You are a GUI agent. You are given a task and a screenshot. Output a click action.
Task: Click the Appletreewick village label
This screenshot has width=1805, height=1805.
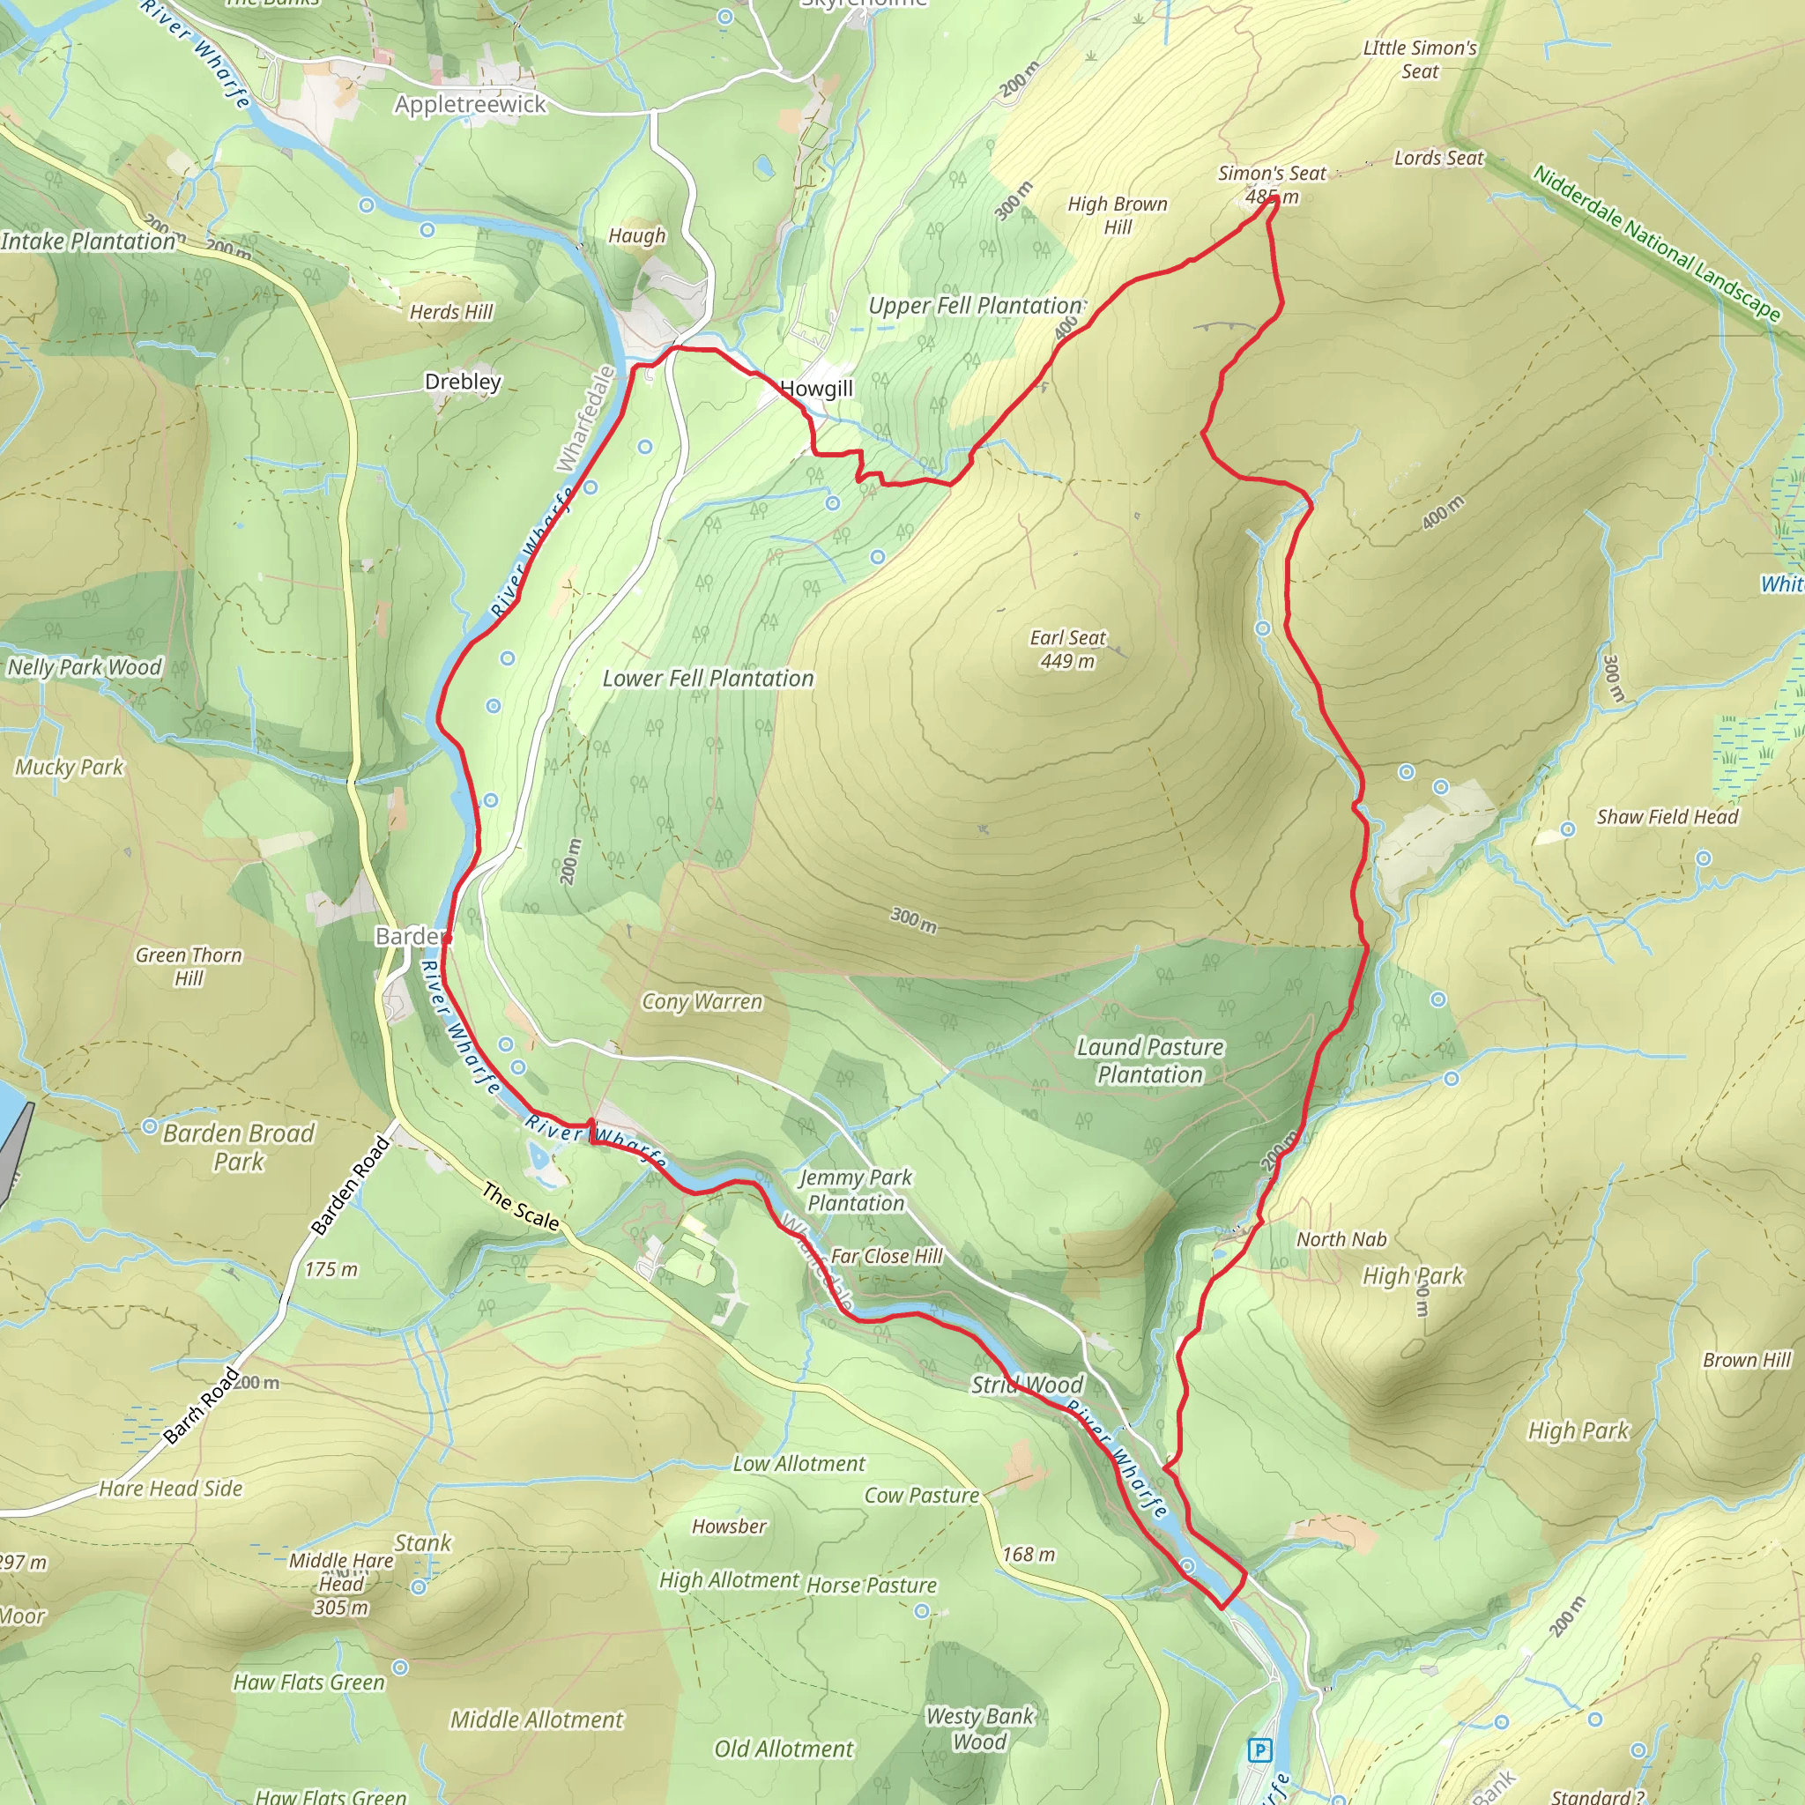click(470, 104)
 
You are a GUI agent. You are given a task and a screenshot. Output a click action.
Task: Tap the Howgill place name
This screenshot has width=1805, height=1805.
click(816, 389)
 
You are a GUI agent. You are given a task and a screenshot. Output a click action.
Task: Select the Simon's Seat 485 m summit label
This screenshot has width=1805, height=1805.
click(1272, 184)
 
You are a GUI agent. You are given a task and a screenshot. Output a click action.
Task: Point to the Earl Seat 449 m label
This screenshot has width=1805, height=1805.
click(1067, 649)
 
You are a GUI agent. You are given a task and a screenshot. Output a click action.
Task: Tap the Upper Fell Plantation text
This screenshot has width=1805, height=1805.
click(975, 306)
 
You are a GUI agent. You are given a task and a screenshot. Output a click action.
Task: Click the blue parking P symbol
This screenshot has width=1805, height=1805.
click(1259, 1749)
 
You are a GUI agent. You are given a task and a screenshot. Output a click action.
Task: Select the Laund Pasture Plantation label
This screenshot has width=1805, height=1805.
click(1150, 1060)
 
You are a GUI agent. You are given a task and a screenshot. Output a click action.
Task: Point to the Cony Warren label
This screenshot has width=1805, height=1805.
click(702, 1001)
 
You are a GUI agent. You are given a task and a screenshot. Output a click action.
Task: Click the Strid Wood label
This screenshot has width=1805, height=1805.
click(1027, 1385)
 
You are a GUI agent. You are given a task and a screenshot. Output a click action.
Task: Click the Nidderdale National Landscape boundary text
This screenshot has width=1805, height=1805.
click(1656, 242)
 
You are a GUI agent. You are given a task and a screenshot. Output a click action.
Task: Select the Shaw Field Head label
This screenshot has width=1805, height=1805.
click(1667, 816)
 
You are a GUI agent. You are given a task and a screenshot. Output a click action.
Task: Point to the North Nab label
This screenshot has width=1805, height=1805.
click(1341, 1239)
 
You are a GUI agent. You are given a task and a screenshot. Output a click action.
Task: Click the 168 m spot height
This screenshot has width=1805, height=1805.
click(1029, 1555)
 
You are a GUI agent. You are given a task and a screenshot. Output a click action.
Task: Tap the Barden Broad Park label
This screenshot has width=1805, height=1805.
click(238, 1148)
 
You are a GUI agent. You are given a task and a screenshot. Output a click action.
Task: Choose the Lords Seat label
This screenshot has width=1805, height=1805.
click(1437, 158)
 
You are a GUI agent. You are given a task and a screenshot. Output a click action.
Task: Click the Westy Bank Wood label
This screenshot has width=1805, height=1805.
click(979, 1728)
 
